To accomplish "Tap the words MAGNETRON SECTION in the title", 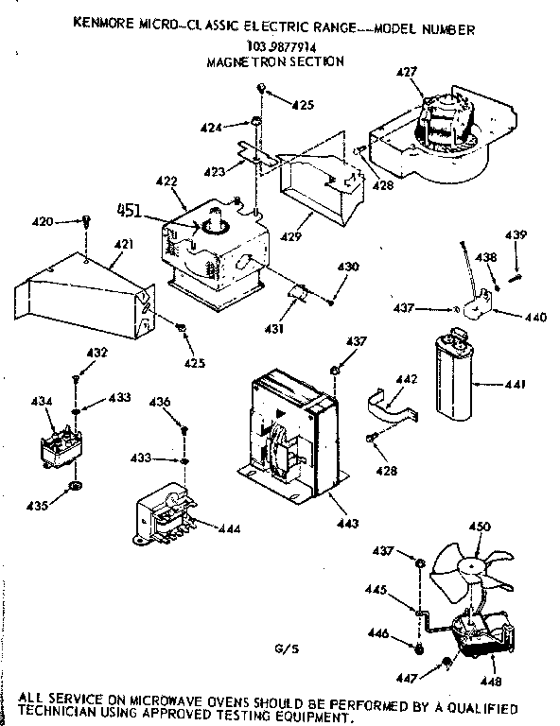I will click(274, 60).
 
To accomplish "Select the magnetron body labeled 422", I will click(213, 251).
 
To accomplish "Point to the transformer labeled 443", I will click(289, 430).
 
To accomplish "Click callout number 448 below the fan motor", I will click(490, 681).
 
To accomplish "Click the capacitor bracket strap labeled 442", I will click(393, 405).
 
